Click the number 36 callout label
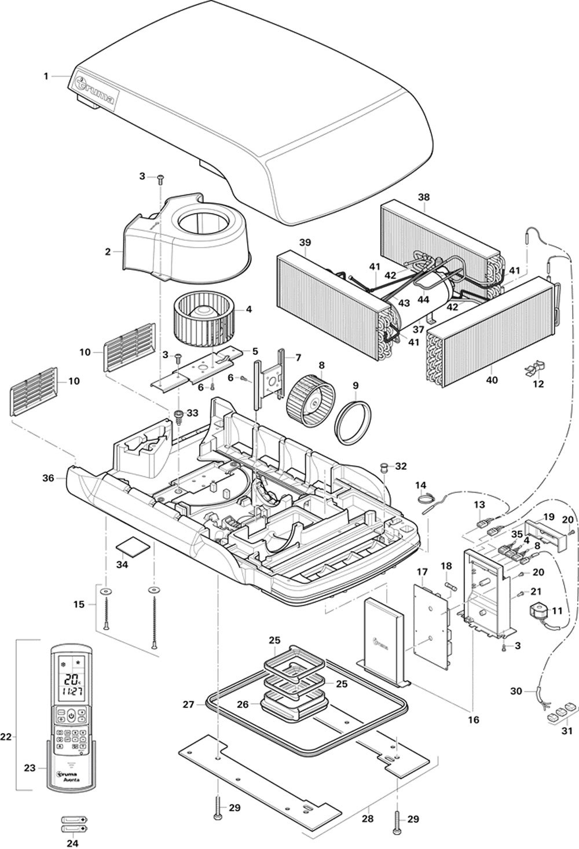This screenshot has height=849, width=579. coord(49,479)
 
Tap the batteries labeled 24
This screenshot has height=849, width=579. coord(72,824)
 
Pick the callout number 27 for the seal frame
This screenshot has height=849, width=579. coord(188,705)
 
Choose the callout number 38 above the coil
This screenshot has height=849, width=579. coord(424,197)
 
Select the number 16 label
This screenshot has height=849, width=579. coord(473,720)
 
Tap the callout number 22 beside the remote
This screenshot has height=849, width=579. coord(6,737)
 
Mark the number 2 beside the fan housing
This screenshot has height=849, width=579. coord(107,252)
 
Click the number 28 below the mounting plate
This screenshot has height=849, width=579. coord(369,819)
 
